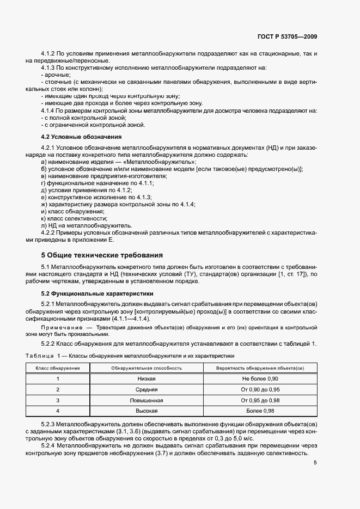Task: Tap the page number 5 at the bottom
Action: (x=315, y=463)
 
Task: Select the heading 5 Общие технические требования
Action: (x=102, y=255)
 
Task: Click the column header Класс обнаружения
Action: (x=58, y=369)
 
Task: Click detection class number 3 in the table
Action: (x=58, y=400)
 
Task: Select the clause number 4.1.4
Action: (x=50, y=111)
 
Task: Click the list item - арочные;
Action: (x=55, y=75)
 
